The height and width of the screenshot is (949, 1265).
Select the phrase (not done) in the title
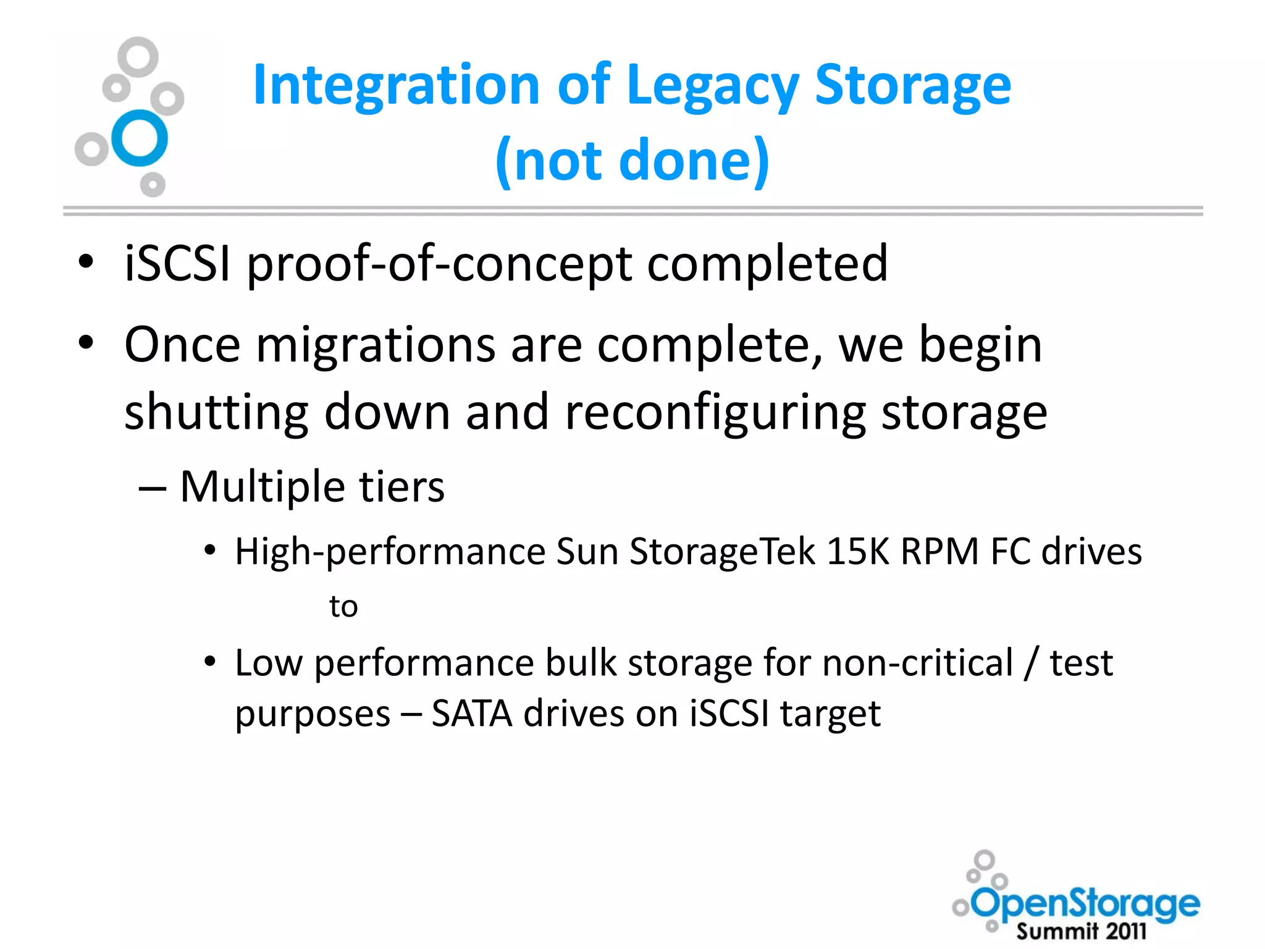pyautogui.click(x=632, y=161)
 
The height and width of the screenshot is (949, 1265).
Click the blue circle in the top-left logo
pyautogui.click(x=140, y=138)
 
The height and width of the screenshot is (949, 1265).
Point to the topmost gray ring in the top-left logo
pyautogui.click(x=138, y=57)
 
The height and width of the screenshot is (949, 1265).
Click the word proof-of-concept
pyautogui.click(x=439, y=264)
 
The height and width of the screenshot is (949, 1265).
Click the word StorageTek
pyautogui.click(x=722, y=551)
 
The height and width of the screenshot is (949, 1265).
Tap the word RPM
pyautogui.click(x=939, y=551)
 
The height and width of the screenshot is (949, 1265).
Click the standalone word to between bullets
pyautogui.click(x=343, y=606)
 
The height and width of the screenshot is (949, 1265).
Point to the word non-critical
pyautogui.click(x=918, y=663)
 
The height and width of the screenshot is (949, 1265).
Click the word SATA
pyautogui.click(x=471, y=714)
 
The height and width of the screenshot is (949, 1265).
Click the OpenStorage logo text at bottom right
pyautogui.click(x=1086, y=905)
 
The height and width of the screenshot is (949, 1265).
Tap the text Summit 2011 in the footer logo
pyautogui.click(x=1081, y=931)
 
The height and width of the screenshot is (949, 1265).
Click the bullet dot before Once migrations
pyautogui.click(x=86, y=342)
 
